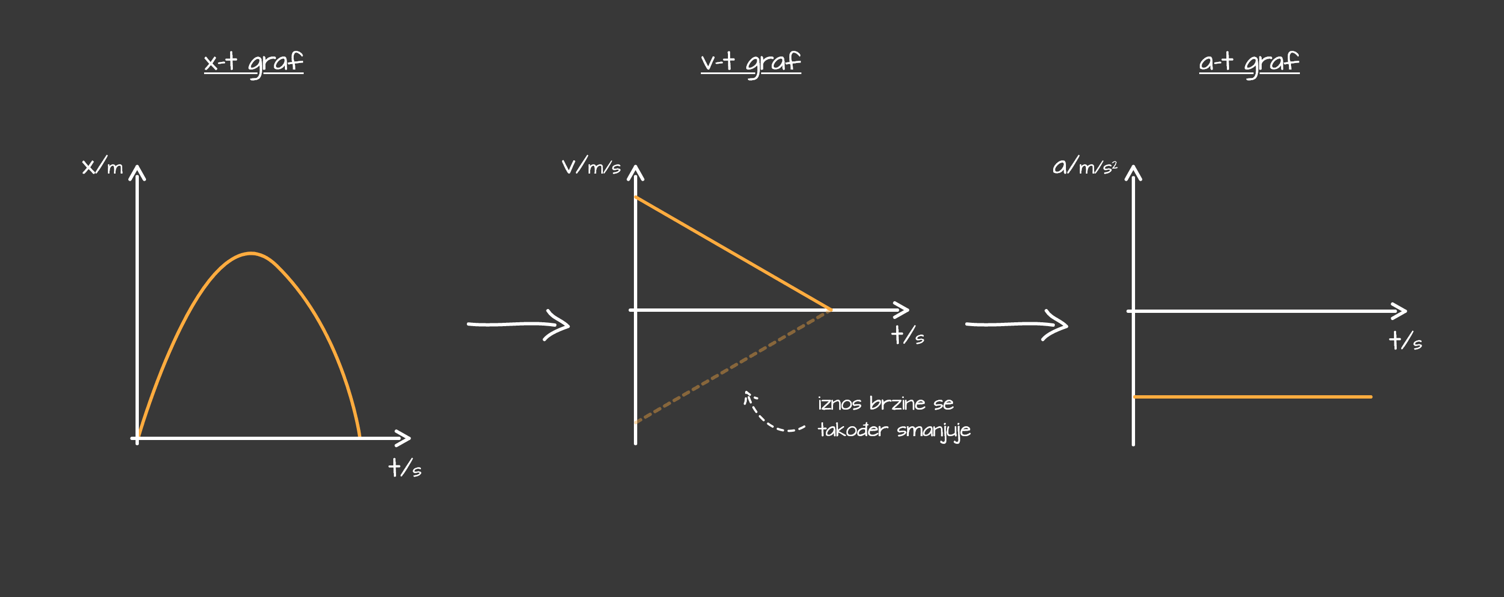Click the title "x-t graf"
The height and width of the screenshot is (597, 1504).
point(253,62)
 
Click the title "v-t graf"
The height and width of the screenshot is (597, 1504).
point(751,62)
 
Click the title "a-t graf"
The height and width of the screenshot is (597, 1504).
point(1249,62)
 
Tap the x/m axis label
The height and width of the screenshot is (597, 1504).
point(102,166)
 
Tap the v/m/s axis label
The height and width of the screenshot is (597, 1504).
point(591,166)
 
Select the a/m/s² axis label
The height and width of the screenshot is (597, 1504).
point(1084,166)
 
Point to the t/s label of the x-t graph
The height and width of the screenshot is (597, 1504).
point(404,468)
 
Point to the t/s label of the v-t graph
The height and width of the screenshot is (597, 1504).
point(907,336)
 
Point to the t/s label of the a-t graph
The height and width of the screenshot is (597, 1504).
point(1405,340)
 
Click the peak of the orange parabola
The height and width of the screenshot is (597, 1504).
point(251,253)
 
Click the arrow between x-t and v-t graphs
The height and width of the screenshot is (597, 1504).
point(518,324)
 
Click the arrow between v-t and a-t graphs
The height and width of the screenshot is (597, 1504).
point(1017,324)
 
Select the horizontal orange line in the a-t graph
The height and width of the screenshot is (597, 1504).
point(1252,397)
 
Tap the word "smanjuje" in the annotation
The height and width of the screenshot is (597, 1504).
point(933,431)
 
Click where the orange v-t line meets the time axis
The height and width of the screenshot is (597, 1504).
point(830,310)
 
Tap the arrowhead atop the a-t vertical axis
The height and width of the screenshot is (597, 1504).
point(1133,171)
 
